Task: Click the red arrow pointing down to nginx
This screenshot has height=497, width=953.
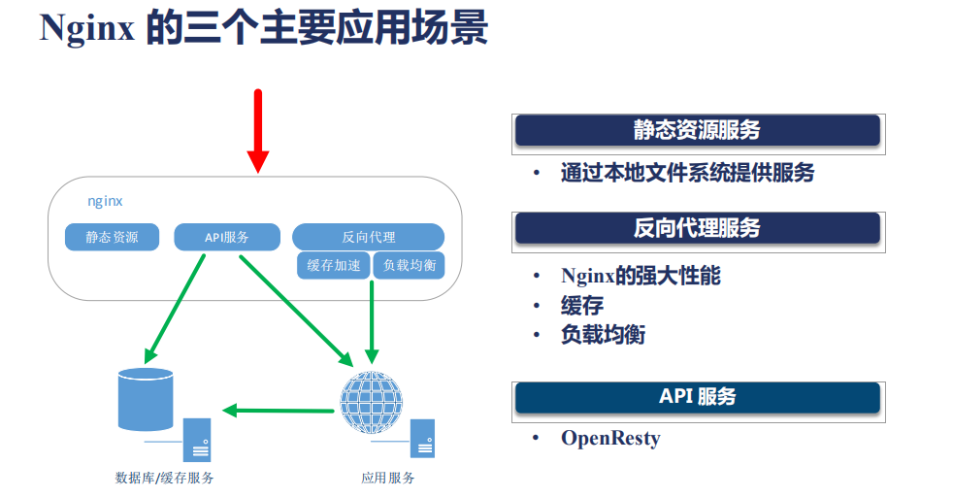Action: coord(257,131)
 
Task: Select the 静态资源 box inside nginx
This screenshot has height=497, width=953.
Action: coord(112,237)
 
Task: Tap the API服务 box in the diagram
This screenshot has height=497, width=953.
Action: coord(227,237)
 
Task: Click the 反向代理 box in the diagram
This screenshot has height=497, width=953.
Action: coord(368,237)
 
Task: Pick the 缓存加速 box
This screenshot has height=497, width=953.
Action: coord(333,265)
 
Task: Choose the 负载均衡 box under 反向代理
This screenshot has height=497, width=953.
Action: coord(409,265)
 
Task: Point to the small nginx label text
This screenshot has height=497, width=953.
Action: coord(105,201)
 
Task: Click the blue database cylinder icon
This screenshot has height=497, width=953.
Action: coord(145,398)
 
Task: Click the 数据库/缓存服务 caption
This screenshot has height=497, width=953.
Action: coord(164,478)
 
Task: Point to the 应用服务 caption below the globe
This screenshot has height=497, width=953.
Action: coord(387,478)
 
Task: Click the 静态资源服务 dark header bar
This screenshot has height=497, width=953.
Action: coord(697,130)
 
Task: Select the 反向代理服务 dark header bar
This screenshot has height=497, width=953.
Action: coord(697,228)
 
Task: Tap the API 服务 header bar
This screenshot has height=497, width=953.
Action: coord(697,396)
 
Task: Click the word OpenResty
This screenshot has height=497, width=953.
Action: coord(610,438)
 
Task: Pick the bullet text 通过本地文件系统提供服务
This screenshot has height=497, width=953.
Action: coord(687,174)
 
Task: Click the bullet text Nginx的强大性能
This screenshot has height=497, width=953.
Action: coord(641,275)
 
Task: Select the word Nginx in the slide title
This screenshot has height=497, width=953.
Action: coord(86,28)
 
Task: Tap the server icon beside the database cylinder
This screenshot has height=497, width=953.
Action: coord(198,439)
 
